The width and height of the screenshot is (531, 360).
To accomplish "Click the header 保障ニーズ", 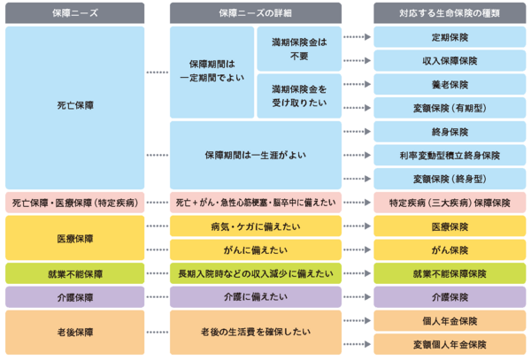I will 74,12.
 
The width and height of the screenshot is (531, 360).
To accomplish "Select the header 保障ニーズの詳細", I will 256,12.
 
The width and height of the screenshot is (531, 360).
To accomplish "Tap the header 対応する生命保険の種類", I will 450,12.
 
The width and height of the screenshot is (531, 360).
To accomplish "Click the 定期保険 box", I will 450,37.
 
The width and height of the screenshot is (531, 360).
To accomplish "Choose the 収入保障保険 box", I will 450,61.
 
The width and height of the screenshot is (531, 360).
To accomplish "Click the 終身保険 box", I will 450,132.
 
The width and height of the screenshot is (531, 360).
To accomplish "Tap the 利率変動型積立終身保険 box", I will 450,155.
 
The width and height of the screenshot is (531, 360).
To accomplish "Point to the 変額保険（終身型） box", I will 450,179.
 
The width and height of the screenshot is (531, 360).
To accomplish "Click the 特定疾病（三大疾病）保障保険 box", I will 450,203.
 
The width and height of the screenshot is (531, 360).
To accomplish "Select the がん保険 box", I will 450,250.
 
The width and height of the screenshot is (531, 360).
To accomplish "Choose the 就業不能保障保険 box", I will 450,273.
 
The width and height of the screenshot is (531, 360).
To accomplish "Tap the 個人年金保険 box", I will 450,320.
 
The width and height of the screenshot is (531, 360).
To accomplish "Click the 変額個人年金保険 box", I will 450,343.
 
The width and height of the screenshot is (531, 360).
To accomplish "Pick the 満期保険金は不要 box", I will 298,49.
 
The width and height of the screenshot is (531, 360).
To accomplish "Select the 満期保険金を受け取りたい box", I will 298,96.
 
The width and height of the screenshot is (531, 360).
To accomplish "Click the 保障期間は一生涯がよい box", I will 256,155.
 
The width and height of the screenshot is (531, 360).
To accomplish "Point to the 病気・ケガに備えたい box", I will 256,226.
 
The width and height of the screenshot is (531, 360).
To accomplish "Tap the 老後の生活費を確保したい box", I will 256,332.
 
